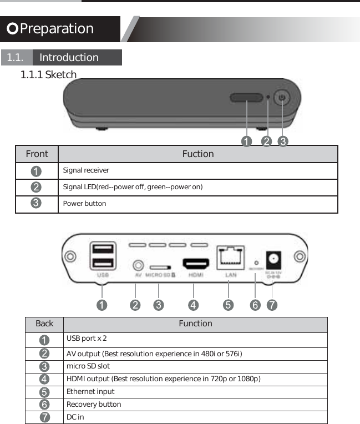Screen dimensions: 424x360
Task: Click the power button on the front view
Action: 283,98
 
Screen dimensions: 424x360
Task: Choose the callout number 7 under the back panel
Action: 272,305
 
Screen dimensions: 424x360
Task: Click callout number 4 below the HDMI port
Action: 193,305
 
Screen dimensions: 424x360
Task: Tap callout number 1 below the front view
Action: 246,142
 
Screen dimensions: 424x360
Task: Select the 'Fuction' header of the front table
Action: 198,154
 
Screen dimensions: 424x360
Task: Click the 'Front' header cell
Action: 37,154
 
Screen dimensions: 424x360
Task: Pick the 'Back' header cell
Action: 44,324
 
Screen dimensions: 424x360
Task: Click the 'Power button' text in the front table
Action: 84,204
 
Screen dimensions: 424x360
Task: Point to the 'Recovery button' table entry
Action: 94,405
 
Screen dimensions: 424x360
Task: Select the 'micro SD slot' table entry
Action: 88,366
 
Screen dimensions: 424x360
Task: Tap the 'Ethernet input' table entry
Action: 90,392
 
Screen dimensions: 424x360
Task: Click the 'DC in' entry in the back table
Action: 75,417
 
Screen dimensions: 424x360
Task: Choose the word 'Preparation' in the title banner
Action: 57,29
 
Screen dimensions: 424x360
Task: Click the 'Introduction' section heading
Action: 69,58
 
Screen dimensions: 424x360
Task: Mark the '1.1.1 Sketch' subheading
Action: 48,75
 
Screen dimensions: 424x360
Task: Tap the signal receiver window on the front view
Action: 246,98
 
